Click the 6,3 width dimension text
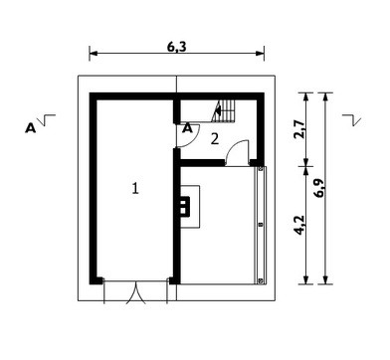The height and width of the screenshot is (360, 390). pos(176,47)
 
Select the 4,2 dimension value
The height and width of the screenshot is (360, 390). pos(299,226)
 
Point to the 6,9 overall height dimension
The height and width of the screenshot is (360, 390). pos(319,188)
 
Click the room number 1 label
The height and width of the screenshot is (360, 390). pos(135,188)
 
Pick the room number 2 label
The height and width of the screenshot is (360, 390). pos(215,139)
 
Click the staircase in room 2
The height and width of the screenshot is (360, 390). pos(224,111)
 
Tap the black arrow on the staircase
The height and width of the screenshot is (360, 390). pos(218,108)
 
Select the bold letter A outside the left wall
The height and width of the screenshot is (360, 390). pos(30,128)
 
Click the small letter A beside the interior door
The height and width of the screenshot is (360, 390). pos(188,127)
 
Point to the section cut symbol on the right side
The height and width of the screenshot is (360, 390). pos(351,120)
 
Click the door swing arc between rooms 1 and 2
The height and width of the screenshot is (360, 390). pos(192,140)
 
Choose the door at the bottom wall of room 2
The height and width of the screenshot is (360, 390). pos(237,152)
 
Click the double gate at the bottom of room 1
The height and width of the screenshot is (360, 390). pos(136,291)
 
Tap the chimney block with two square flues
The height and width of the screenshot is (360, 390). pos(185,207)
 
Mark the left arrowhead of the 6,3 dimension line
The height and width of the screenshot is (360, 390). pos(93,53)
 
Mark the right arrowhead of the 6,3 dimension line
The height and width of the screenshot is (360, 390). pos(261,53)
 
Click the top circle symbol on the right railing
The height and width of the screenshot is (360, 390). pos(261,169)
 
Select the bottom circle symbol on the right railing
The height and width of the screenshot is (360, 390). pos(261,281)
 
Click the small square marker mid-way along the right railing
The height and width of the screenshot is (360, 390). pos(261,225)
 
